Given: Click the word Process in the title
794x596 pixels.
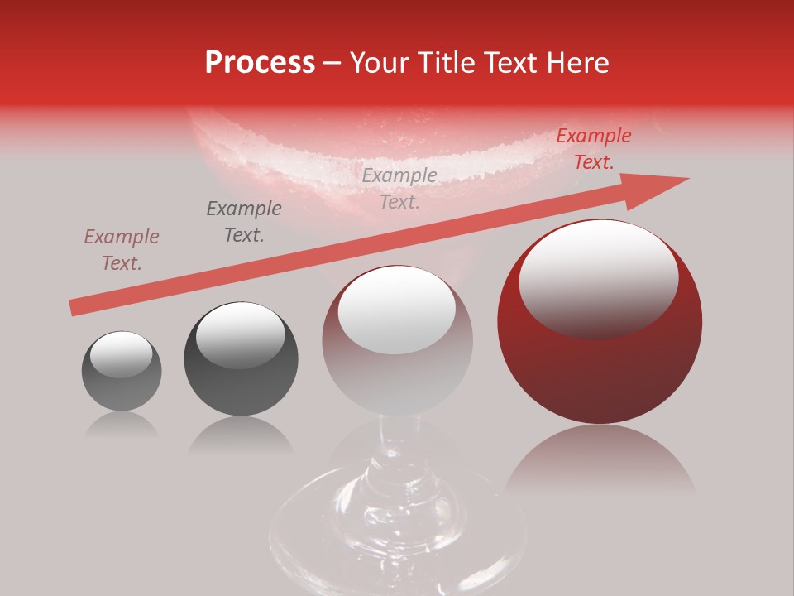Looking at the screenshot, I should click(x=260, y=63).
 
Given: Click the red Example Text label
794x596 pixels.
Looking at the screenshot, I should click(x=593, y=149).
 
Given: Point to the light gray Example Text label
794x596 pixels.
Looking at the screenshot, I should click(x=399, y=189).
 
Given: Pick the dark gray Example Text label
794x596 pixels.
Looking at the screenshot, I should click(x=244, y=222).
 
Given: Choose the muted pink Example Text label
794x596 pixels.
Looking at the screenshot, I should click(x=122, y=250).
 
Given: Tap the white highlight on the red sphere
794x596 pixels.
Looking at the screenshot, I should click(x=598, y=273).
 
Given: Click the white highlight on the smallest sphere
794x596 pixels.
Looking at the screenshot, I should click(x=121, y=354).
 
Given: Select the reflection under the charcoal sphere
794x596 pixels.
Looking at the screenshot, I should click(x=241, y=434).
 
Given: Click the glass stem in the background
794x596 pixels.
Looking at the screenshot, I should click(x=397, y=464).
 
